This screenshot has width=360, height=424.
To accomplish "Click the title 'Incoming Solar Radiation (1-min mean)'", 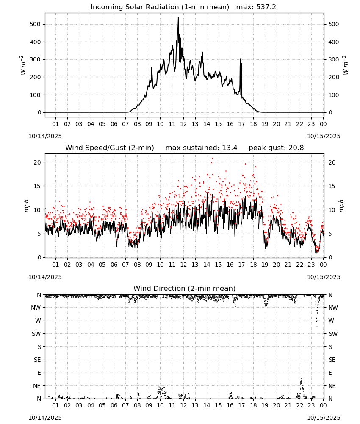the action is [160, 7].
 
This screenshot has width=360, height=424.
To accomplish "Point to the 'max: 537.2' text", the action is [256, 7].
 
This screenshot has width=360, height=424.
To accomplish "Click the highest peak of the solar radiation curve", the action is [178, 18].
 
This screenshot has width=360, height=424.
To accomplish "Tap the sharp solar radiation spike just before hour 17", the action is [241, 59].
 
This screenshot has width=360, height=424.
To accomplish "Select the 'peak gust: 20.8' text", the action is [276, 148].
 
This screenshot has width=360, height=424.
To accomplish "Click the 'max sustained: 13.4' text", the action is [202, 148].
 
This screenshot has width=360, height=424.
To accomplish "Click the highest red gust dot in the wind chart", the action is [212, 158].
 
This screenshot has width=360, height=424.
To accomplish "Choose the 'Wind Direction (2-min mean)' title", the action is [185, 288].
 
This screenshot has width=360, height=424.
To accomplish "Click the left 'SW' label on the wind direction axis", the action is [36, 334].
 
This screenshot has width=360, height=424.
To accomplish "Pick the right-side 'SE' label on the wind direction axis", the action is [332, 360].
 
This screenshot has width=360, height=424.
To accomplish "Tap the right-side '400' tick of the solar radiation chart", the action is [334, 42].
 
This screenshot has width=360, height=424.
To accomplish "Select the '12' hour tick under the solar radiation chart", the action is [184, 124].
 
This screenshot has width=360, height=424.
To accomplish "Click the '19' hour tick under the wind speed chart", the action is [265, 265].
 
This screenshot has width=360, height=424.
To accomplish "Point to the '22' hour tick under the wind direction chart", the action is [300, 405].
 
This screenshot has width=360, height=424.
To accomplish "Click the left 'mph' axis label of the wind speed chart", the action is [26, 206].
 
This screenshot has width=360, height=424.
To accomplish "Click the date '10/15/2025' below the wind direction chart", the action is [324, 418].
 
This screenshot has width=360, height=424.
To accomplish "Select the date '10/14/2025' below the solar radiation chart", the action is [45, 136].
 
